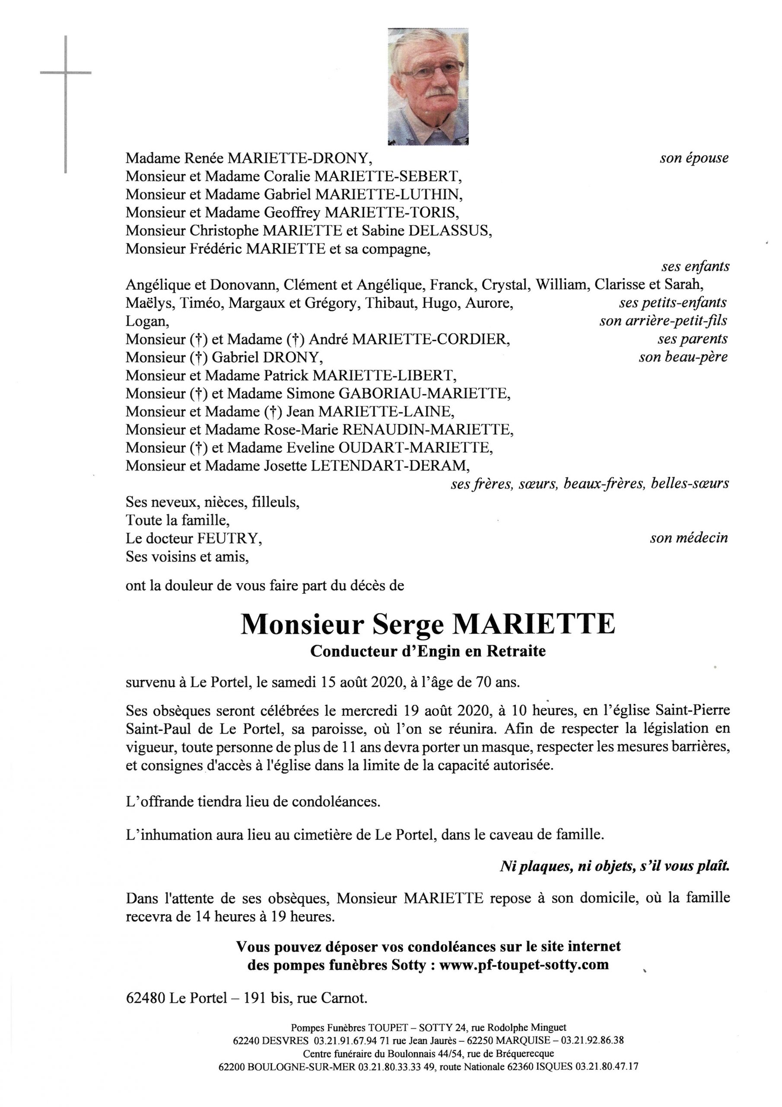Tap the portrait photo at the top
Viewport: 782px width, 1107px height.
click(x=428, y=87)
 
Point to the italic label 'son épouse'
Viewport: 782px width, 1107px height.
click(x=694, y=158)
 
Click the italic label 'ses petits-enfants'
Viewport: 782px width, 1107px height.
click(x=673, y=303)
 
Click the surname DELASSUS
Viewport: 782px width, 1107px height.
click(x=450, y=231)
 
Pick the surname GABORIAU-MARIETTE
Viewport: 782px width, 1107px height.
click(x=424, y=394)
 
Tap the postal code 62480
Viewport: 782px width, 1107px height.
click(x=146, y=998)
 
